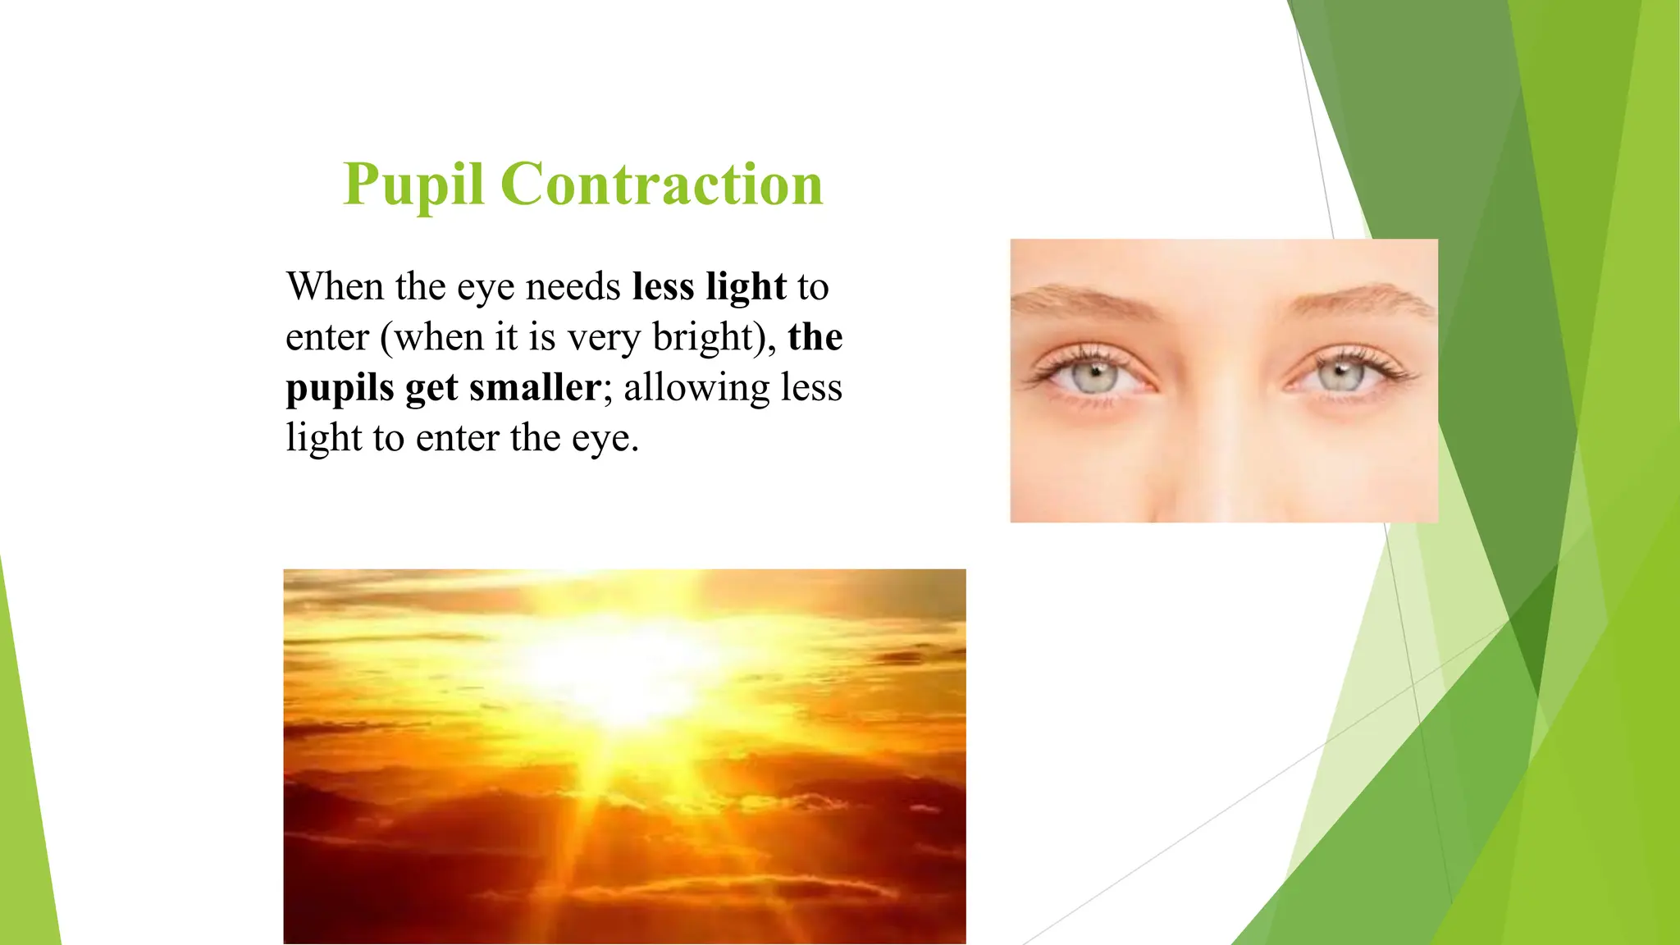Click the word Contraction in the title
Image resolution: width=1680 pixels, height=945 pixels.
[661, 184]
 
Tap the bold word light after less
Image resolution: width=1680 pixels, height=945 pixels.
[746, 287]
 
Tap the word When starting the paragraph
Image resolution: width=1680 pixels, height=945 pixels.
[335, 287]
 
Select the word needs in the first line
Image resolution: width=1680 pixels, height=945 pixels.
[573, 287]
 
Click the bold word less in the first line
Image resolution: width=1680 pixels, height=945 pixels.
[663, 287]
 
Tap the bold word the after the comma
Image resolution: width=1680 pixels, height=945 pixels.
[815, 337]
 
